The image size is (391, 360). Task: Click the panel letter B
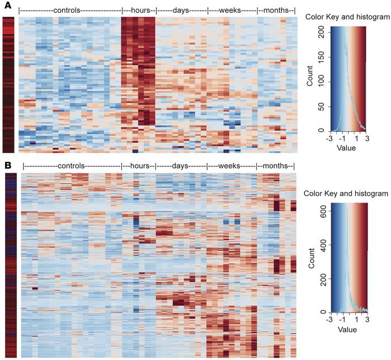tap(7, 166)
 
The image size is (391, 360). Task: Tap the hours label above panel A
tap(139, 11)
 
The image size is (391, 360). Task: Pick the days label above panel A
tap(181, 11)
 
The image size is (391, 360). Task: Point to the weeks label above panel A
tap(232, 11)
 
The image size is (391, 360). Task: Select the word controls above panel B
tap(71, 166)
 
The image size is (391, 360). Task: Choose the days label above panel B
tap(181, 166)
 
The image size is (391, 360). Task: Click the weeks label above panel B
tap(232, 166)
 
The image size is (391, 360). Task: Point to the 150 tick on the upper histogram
tap(323, 56)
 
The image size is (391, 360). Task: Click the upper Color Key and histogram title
tap(347, 17)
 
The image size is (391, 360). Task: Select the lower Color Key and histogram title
tap(347, 193)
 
